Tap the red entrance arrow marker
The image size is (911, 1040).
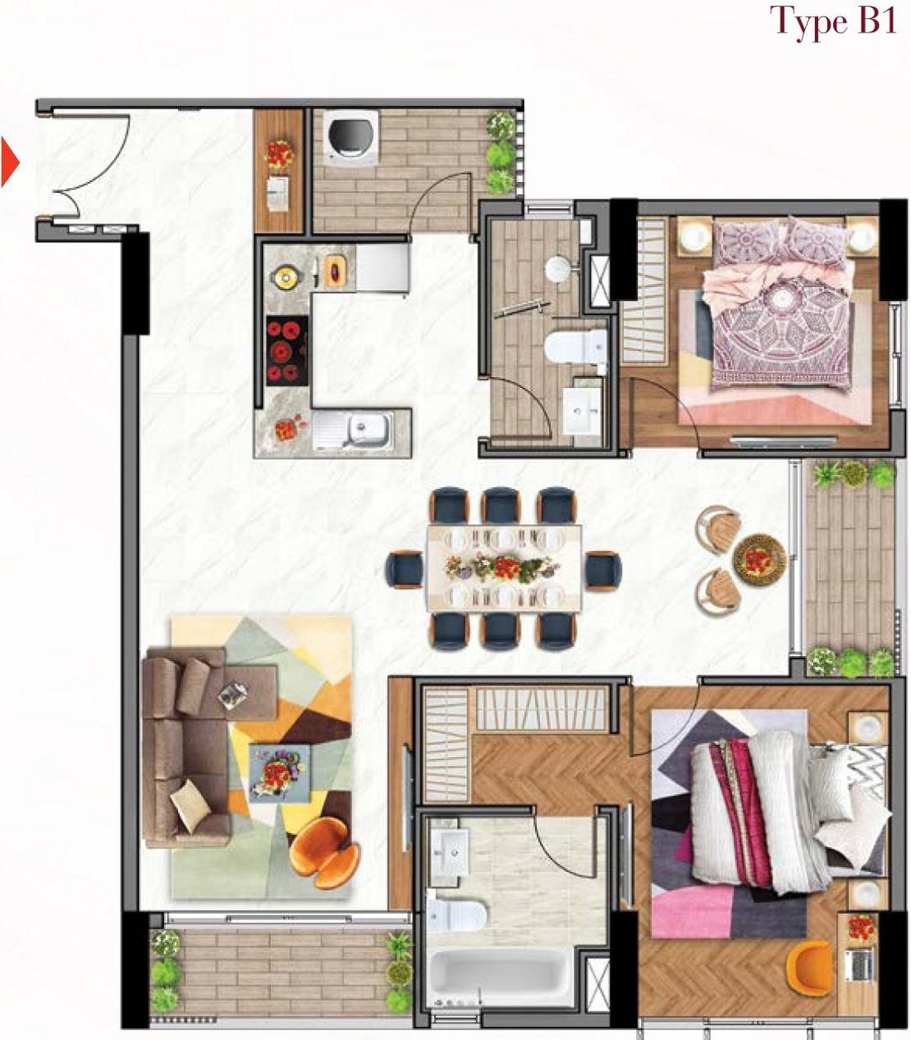click(x=10, y=163)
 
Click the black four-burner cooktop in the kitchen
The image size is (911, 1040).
click(x=287, y=351)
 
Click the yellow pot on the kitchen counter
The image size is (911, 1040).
click(x=286, y=276)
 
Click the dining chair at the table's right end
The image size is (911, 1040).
click(x=602, y=570)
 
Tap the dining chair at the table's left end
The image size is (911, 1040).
click(x=405, y=570)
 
